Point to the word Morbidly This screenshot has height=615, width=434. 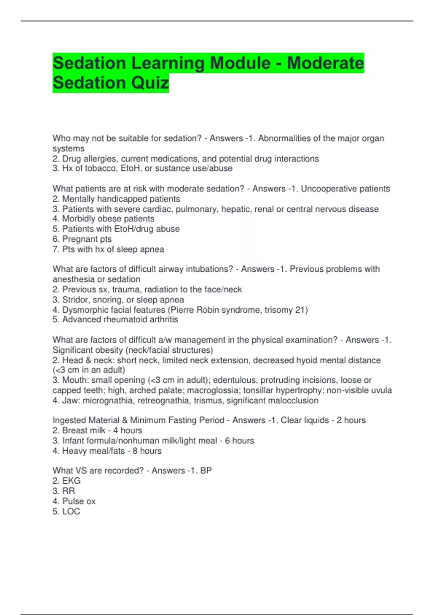point(78,219)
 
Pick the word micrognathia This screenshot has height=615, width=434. point(108,400)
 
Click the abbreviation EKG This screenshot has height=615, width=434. point(71,481)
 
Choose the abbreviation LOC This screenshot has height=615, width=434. point(71,511)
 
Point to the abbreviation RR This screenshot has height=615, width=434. point(69,491)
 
